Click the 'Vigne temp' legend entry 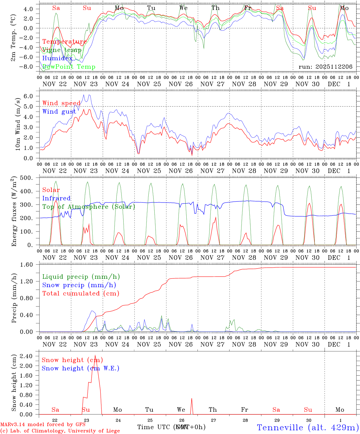(x=62, y=50)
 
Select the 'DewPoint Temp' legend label (x=69, y=67)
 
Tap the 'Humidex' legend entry (x=57, y=58)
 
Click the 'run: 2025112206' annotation (x=325, y=67)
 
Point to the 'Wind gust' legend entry (x=59, y=112)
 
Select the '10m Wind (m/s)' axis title (x=18, y=124)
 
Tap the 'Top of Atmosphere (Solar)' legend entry (x=89, y=207)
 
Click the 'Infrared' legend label (x=56, y=198)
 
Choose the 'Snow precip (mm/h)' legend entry (x=79, y=285)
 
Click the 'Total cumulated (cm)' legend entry (x=81, y=293)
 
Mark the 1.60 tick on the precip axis (x=30, y=265)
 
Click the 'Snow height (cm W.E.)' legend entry (x=80, y=368)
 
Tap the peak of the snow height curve (x=95, y=356)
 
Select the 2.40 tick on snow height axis (x=30, y=356)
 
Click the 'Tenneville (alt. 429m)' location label (x=308, y=427)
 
